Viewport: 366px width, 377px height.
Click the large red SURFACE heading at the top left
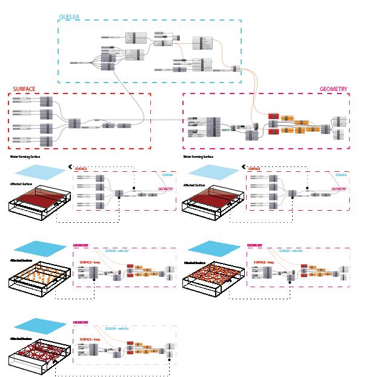24,89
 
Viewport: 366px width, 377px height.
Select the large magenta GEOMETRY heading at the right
333,89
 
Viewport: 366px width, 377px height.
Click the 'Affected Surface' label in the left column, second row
22,183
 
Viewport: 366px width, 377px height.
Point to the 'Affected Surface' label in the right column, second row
195,183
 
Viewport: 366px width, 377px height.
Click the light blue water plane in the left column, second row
36,172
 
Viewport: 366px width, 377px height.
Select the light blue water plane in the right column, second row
210,172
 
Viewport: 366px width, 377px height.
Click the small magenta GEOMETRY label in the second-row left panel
165,189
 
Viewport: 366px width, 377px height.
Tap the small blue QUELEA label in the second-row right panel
341,175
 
